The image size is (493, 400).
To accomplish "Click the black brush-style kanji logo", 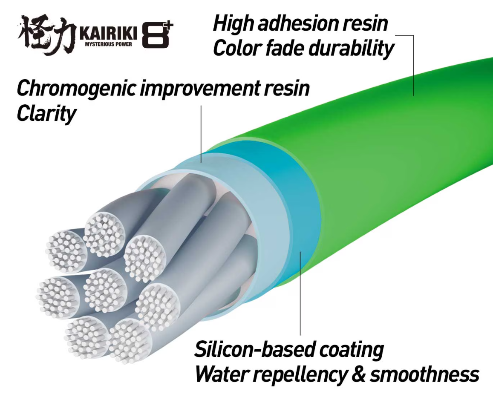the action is coord(46,34).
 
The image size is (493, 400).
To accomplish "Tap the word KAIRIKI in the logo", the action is coord(109,34).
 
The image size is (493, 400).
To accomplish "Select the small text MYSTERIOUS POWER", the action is coord(109,44).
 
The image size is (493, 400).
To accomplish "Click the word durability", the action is coord(351,49).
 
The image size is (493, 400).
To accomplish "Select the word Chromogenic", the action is coord(77,89).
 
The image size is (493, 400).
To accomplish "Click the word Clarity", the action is coord(46,114).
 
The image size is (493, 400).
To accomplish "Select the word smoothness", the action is coord(424,374).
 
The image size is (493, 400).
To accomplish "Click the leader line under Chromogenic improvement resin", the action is coord(201,134).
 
